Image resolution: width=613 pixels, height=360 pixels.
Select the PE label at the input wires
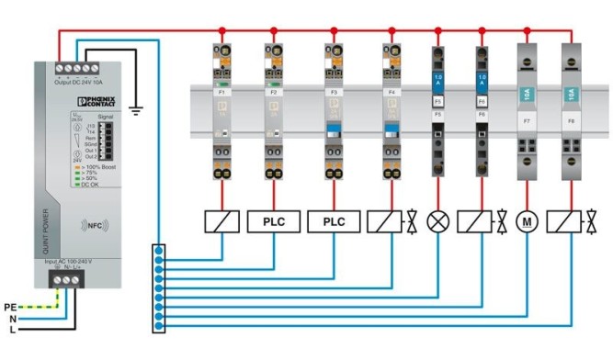[10, 306]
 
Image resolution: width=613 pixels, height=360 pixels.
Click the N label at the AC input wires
[12, 318]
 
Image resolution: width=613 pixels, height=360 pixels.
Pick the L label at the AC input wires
[12, 329]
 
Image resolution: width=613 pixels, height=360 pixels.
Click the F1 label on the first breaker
[221, 93]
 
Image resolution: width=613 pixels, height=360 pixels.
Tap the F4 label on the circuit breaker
[391, 93]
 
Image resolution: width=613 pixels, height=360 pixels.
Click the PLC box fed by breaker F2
[273, 221]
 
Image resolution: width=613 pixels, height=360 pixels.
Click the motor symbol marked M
[527, 222]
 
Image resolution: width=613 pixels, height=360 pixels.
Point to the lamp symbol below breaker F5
[438, 222]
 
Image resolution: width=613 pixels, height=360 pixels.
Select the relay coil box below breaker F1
[221, 221]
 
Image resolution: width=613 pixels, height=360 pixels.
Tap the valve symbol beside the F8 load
[595, 222]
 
